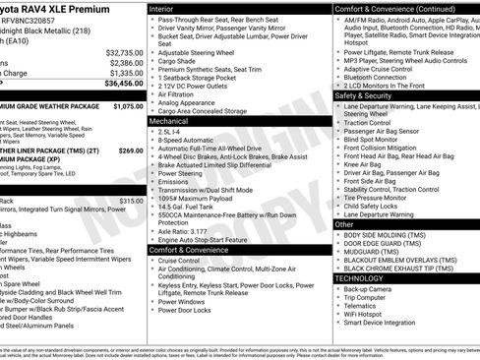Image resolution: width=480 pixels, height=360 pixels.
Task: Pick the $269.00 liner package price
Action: [x=130, y=150]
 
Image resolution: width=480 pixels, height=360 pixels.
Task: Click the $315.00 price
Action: [x=130, y=200]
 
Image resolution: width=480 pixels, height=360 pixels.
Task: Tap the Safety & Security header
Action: [x=363, y=95]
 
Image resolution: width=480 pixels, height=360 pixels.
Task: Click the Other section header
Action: [x=344, y=224]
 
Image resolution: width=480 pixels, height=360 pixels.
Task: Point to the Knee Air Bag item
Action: [x=364, y=164]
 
